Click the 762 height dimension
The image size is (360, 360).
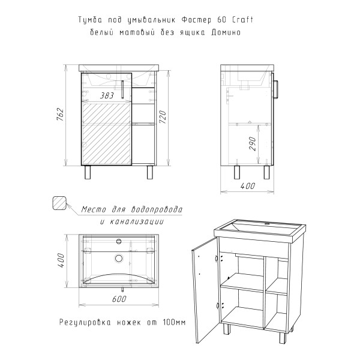tap(60, 114)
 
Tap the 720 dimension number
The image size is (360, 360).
tap(163, 117)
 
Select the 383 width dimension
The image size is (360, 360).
tap(107, 95)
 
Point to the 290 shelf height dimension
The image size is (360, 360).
tap(253, 143)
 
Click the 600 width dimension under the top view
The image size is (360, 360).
tap(119, 299)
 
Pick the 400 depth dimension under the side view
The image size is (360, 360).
tap(248, 186)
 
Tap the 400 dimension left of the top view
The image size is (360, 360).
tap(61, 260)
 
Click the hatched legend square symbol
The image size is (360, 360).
tap(59, 203)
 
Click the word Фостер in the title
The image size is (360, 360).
tap(196, 20)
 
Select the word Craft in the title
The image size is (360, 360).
tap(243, 20)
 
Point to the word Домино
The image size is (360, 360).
tap(226, 32)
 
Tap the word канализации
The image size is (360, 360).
tap(137, 221)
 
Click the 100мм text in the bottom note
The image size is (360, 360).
tap(174, 322)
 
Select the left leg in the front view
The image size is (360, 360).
tap(88, 172)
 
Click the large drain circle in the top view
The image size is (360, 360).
tap(119, 259)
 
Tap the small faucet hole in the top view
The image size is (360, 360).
tap(119, 241)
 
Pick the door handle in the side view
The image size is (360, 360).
tap(276, 89)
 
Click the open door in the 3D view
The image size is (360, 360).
tap(205, 290)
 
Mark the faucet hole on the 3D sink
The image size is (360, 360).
tap(267, 224)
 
